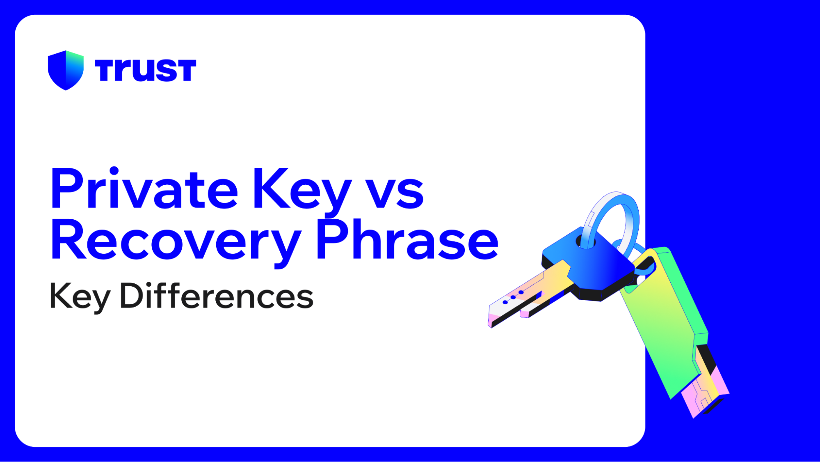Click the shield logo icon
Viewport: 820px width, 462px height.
point(66,70)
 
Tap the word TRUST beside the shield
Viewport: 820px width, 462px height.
point(145,70)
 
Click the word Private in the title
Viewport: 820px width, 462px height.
point(144,190)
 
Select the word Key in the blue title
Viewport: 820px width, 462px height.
point(302,191)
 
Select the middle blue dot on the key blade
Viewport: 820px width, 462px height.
point(513,297)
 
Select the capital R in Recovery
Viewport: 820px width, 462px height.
point(68,240)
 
